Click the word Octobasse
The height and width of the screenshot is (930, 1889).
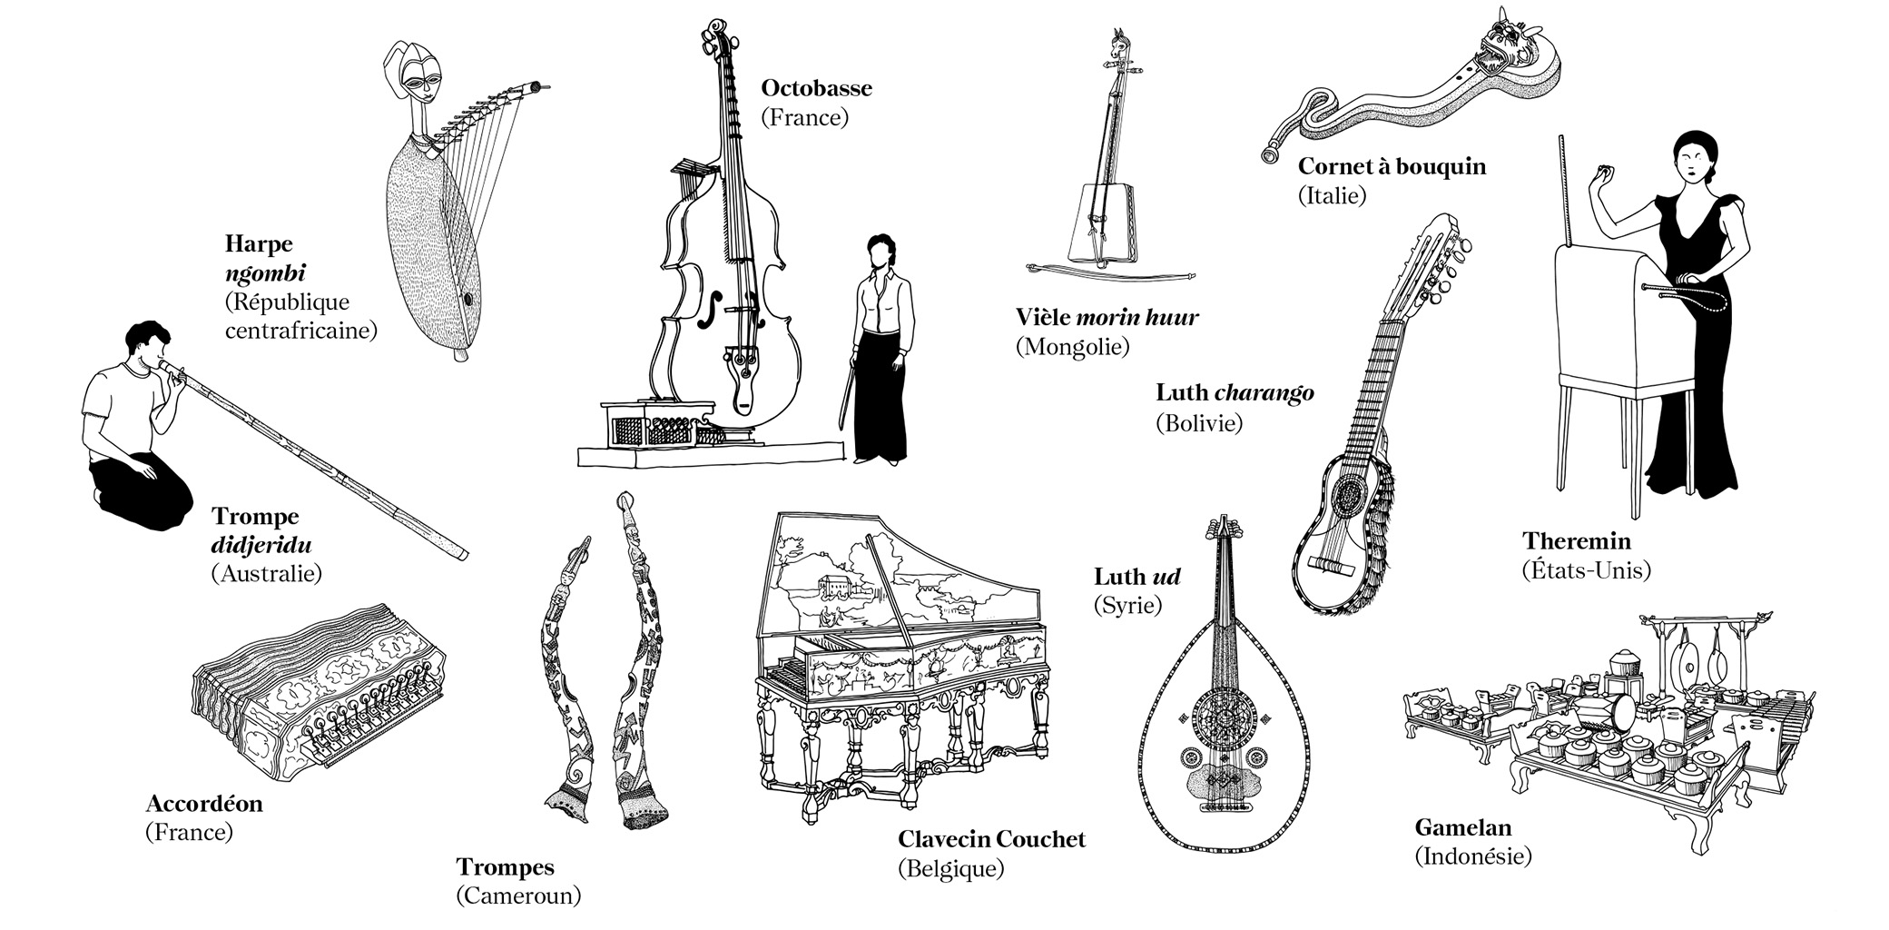816,88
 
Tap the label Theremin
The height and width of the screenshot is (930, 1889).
1577,541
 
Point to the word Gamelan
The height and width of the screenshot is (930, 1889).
1463,827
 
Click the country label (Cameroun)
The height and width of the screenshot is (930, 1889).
517,896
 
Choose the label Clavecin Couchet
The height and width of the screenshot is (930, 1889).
991,839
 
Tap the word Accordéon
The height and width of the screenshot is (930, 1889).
203,804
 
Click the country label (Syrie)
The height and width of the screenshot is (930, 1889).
1127,605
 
